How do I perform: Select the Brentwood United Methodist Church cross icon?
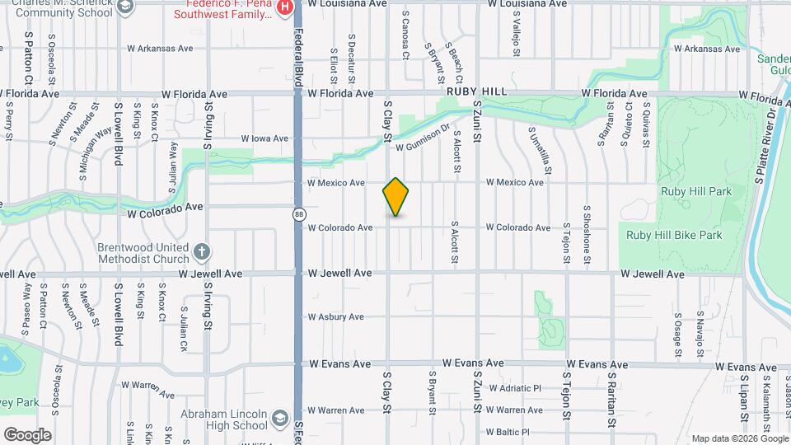[203, 251]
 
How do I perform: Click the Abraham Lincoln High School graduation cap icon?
[280, 419]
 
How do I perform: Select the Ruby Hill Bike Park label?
[674, 235]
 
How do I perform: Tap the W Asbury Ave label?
[335, 317]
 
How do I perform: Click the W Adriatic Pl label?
[514, 387]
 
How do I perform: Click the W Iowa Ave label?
[264, 138]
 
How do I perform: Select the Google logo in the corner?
[27, 435]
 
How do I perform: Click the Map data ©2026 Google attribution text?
[739, 438]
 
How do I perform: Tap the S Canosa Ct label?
[405, 35]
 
